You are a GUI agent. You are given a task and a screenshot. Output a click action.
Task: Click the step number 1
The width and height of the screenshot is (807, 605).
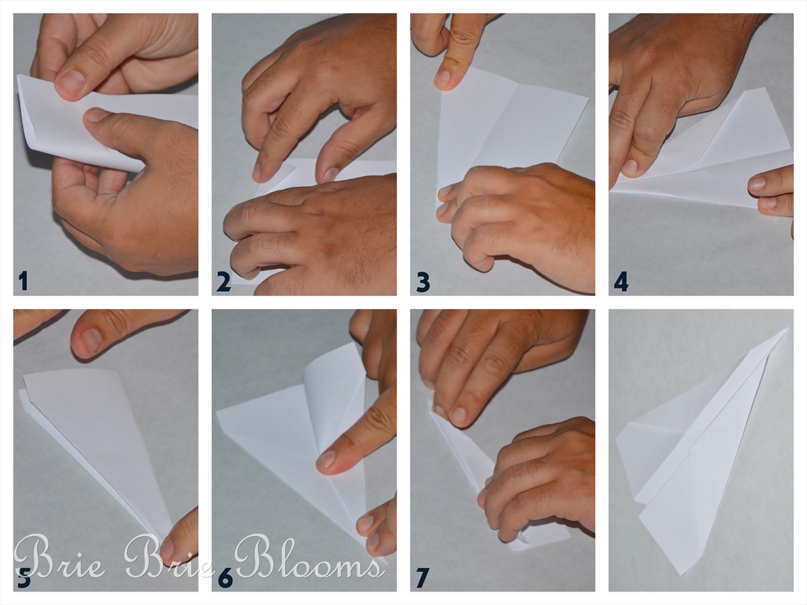point(23,282)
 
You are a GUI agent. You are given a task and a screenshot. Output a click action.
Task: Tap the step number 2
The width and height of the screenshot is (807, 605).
point(223,282)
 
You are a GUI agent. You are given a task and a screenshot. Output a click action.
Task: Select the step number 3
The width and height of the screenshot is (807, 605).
point(423,282)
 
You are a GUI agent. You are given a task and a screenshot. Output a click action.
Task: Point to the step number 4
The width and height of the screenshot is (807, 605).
point(621,282)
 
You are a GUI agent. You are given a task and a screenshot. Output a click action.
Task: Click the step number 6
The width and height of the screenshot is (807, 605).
point(225,579)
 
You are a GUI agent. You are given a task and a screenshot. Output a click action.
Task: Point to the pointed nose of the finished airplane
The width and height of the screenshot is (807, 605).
point(787,329)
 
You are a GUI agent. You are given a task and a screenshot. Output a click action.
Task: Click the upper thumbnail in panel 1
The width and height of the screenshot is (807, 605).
point(73,81)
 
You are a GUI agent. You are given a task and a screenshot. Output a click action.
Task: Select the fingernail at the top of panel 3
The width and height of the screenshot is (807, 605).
point(444,78)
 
